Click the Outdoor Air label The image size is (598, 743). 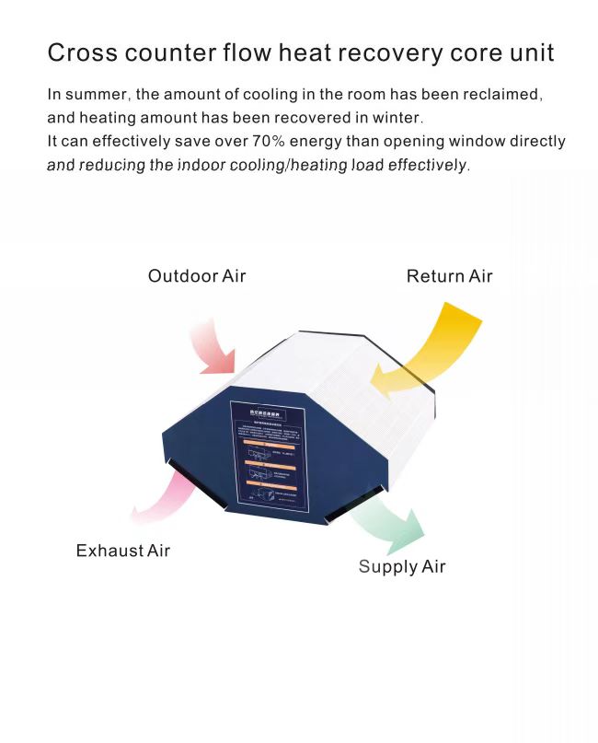[x=197, y=276]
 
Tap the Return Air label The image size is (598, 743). [x=449, y=276]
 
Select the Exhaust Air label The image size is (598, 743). [x=122, y=551]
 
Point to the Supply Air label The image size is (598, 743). [x=402, y=566]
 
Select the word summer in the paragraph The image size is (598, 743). [x=98, y=95]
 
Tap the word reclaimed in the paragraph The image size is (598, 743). [x=500, y=95]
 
